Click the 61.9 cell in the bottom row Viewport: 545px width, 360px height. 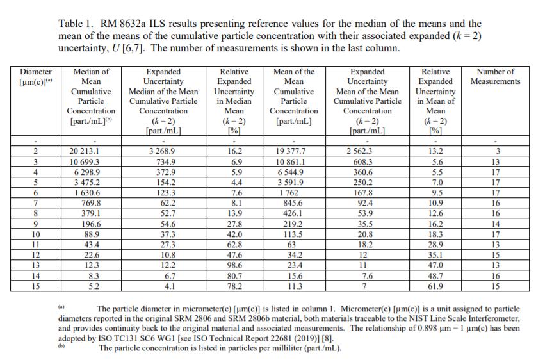click(x=435, y=286)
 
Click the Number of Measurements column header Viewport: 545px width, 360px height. click(x=495, y=76)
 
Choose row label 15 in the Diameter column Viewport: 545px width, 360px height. click(x=36, y=286)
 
